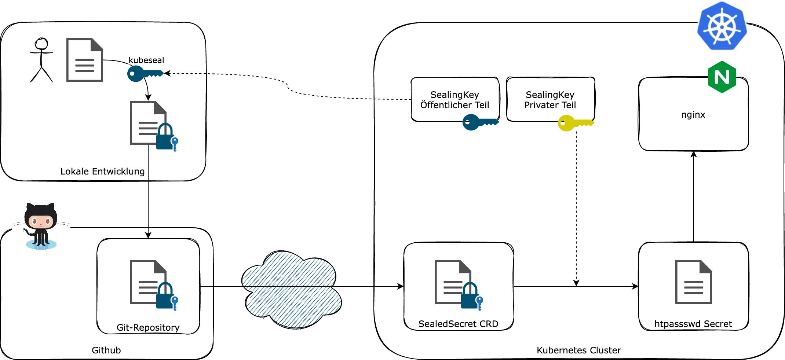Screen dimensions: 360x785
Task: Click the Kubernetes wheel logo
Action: pos(722,26)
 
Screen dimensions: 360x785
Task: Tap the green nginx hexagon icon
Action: pos(722,77)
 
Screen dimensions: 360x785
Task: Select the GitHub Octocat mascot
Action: pos(41,226)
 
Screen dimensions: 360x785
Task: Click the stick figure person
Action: pos(41,60)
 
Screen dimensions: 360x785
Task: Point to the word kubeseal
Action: pos(146,60)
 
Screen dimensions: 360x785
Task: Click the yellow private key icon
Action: pos(575,123)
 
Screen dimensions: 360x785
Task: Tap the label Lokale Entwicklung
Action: pos(102,171)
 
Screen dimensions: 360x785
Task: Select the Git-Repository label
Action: pos(148,327)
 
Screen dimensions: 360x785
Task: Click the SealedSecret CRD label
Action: pos(458,324)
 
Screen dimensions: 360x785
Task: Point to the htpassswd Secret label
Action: pos(693,324)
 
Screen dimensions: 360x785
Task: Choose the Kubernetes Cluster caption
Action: pos(578,350)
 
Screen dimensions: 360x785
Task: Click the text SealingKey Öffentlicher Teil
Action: pos(454,100)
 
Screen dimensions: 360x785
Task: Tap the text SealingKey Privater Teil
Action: pos(550,100)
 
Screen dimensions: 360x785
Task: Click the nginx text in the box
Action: pos(693,115)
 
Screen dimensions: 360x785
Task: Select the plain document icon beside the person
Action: pos(84,60)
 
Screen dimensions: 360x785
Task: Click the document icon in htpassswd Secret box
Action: pos(693,282)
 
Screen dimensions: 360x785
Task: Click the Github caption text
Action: pos(106,350)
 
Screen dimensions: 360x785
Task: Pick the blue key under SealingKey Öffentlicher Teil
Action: pos(480,122)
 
